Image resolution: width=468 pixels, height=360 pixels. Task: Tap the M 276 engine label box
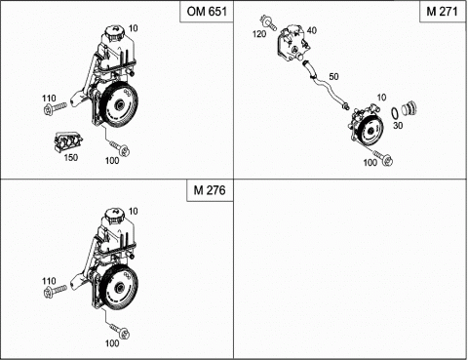click(206, 191)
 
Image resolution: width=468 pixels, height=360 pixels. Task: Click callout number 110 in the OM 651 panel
click(50, 99)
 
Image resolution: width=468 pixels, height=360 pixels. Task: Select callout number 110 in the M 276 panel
click(50, 279)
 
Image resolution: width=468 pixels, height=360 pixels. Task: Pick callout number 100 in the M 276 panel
click(112, 342)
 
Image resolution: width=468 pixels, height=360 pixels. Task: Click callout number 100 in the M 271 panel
click(370, 163)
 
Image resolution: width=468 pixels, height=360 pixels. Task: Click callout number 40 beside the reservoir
click(313, 31)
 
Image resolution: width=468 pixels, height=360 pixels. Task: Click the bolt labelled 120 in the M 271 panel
click(267, 20)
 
